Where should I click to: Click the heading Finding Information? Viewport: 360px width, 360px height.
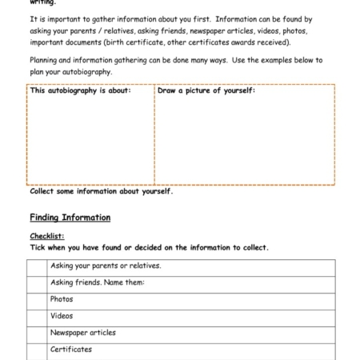click(70, 218)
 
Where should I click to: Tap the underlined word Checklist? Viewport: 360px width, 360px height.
click(46, 236)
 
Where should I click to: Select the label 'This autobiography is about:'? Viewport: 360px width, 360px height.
click(80, 90)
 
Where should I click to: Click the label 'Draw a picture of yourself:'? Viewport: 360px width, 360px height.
click(206, 90)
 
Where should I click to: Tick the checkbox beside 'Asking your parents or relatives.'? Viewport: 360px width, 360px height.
click(38, 266)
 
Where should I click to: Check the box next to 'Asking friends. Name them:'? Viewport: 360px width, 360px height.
click(38, 283)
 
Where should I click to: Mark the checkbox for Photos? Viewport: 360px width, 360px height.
click(38, 300)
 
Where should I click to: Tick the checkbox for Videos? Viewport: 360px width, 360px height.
click(38, 317)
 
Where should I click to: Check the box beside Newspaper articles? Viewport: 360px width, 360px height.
click(38, 334)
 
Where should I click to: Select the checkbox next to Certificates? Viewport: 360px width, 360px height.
click(38, 350)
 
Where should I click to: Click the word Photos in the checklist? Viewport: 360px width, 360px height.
click(62, 299)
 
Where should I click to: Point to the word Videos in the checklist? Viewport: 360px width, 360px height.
click(62, 316)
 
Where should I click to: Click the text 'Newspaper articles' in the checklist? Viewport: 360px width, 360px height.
click(82, 333)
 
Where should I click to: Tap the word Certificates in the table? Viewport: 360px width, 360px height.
click(70, 350)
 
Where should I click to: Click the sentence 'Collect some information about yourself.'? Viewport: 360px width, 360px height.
click(101, 191)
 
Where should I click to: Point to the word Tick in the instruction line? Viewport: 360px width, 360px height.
click(38, 247)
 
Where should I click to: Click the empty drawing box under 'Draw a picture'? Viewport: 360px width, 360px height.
click(244, 140)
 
